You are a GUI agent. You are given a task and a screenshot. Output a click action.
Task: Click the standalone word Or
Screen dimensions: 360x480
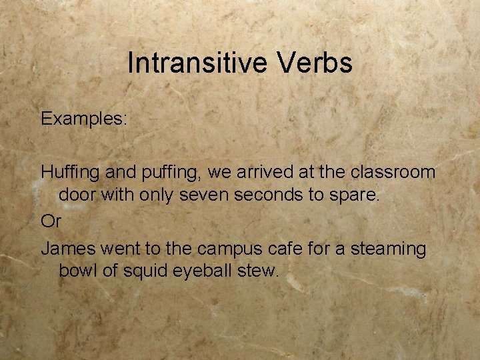tap(50, 221)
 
